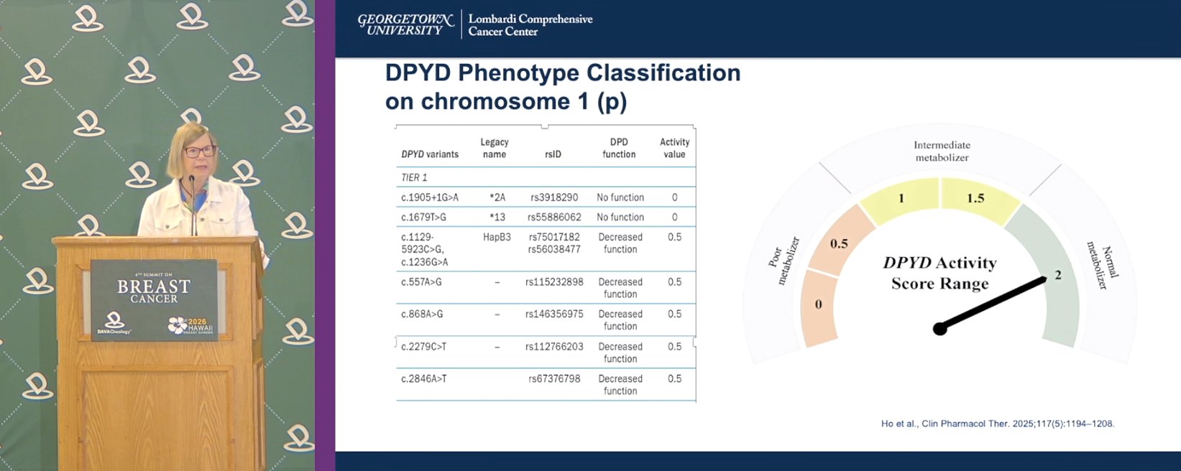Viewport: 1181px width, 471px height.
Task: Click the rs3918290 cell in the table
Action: point(554,197)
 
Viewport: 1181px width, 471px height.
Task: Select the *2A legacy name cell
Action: point(497,197)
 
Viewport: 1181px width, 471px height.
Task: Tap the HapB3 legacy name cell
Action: point(497,237)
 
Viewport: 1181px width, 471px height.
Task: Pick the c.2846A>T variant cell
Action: point(424,378)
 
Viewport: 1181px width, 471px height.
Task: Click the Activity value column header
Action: point(674,148)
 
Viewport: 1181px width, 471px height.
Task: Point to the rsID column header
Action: point(553,154)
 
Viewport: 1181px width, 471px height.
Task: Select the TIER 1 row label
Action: point(415,177)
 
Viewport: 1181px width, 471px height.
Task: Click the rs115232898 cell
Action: point(554,282)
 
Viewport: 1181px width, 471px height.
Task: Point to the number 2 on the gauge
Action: point(1057,275)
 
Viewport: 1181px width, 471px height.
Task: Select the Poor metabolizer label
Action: point(784,261)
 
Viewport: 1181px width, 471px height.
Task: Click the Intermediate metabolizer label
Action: point(942,151)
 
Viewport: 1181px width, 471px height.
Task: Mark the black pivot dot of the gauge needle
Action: point(939,330)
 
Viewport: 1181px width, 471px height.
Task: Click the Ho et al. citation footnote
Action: point(998,424)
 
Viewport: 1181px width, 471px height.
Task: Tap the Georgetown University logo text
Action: point(405,24)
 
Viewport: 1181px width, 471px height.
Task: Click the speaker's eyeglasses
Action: point(200,151)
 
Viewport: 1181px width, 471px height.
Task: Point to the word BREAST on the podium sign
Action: point(153,286)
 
